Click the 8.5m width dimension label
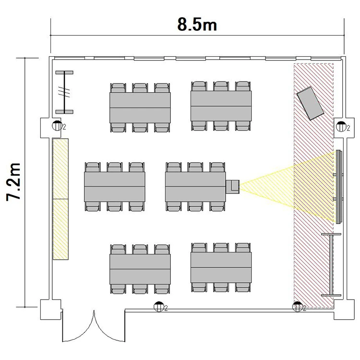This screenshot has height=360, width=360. click(197, 24)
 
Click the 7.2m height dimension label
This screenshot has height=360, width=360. click(14, 182)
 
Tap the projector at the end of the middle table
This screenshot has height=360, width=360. click(233, 186)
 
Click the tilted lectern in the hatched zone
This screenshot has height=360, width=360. click(310, 103)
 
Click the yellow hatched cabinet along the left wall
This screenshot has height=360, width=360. click(60, 199)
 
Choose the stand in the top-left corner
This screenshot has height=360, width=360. click(64, 92)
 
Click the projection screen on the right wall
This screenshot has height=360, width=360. click(339, 186)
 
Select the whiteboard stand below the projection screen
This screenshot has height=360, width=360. click(331, 264)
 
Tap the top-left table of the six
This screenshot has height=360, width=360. click(140, 108)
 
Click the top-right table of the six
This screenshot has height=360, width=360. click(221, 106)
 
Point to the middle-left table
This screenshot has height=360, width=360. click(115, 187)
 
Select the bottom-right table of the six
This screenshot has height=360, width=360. click(221, 267)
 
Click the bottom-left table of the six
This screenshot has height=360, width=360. click(140, 269)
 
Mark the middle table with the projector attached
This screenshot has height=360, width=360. click(195, 187)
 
